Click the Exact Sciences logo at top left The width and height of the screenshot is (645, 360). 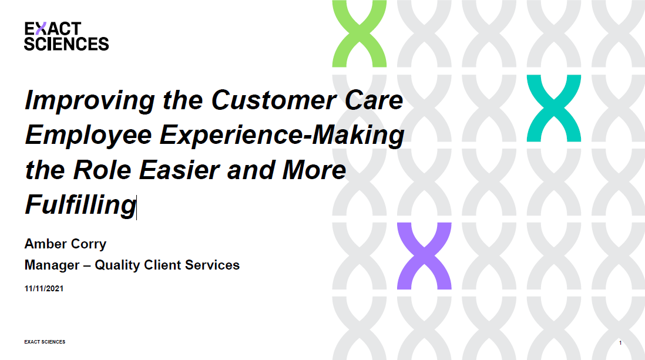pos(66,36)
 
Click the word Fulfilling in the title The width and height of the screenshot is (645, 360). pos(80,204)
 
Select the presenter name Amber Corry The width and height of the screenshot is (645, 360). pos(65,244)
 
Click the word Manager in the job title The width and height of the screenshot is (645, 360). pos(51,265)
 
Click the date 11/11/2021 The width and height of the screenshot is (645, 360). pos(44,289)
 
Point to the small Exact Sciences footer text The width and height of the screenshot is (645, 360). pos(45,342)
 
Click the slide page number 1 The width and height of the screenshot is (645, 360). pos(620,342)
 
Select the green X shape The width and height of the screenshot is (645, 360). pos(359,33)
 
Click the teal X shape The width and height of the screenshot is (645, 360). pos(553,108)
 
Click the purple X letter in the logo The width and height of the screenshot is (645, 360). pos(39,29)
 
